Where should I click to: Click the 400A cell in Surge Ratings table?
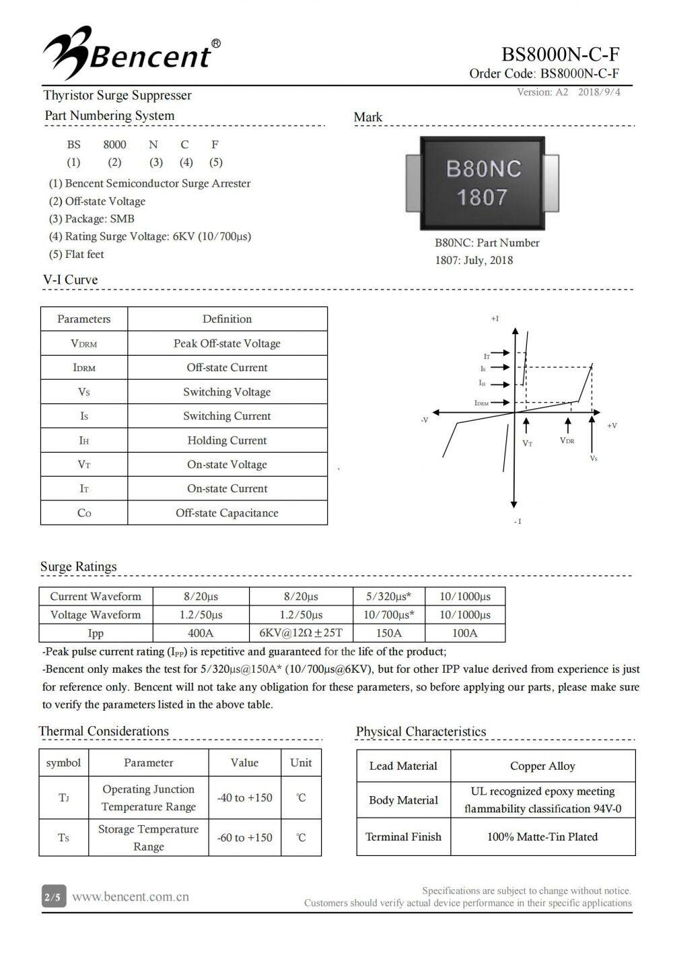(201, 633)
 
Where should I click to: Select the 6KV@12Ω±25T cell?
(301, 633)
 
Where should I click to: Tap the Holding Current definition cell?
(227, 440)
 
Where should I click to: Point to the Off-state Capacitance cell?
(227, 513)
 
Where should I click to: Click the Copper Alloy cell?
(542, 766)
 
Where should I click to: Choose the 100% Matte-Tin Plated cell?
(542, 837)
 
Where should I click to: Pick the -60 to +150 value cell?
(244, 838)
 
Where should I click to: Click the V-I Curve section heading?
(71, 280)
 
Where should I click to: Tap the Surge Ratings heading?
(78, 567)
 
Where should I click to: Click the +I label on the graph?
(495, 319)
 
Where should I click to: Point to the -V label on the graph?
(424, 420)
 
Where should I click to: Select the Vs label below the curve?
(593, 459)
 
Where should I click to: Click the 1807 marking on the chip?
(482, 197)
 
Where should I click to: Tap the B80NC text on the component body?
(483, 168)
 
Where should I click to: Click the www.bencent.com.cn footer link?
(130, 897)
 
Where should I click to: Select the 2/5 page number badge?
(52, 898)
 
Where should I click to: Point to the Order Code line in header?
(544, 74)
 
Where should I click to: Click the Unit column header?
(301, 763)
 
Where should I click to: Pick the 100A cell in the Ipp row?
(464, 633)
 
